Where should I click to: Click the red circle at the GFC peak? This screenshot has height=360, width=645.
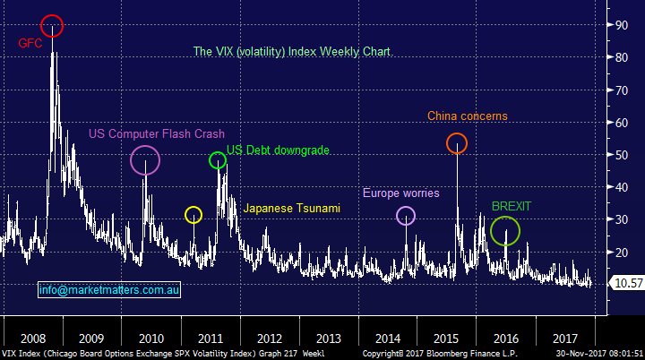(52, 26)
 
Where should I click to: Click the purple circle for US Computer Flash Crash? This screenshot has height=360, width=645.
(145, 160)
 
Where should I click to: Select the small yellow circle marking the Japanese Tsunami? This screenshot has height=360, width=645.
(193, 215)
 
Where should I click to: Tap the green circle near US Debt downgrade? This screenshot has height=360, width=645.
(218, 160)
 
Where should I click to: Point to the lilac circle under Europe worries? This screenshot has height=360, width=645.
(406, 215)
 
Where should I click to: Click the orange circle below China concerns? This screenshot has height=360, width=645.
(457, 143)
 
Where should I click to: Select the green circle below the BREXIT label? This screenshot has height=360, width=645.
(505, 231)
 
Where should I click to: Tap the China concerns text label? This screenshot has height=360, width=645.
(467, 116)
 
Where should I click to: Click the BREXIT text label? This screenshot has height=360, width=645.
(511, 206)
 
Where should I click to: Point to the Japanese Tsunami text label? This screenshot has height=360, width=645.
(292, 209)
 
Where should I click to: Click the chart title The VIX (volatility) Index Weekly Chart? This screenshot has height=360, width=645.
(293, 52)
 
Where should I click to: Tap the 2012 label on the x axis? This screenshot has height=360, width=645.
(270, 339)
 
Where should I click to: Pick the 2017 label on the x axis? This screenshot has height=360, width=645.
(565, 339)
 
